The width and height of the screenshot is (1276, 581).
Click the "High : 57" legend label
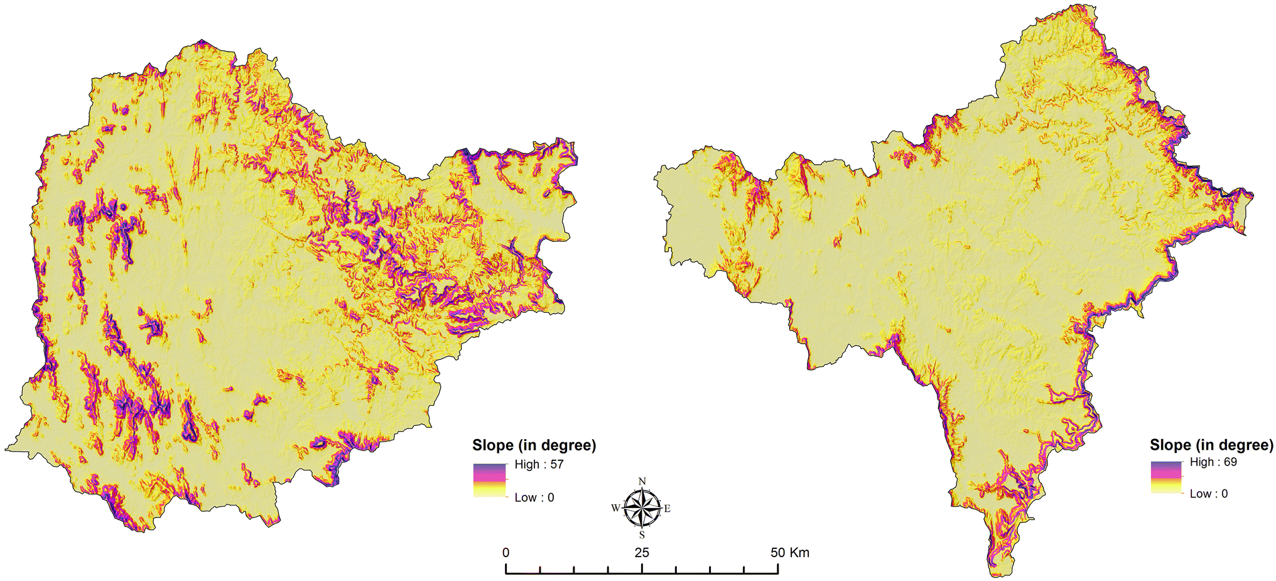(539, 465)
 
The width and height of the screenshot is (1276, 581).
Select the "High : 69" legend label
(1213, 462)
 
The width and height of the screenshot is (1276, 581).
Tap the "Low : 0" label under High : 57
(534, 497)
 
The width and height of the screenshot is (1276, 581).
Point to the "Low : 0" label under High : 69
(1209, 494)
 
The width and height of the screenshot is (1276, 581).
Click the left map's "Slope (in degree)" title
(534, 445)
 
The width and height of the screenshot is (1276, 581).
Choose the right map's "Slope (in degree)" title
(1211, 445)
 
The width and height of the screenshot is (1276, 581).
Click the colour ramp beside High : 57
(489, 481)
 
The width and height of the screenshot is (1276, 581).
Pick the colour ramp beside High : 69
(1166, 477)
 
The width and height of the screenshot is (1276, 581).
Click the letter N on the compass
(642, 482)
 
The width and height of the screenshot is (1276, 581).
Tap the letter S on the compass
(642, 535)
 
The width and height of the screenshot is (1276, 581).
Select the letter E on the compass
(667, 508)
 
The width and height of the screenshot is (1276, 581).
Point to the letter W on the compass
(615, 508)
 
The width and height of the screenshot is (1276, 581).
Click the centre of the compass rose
(642, 508)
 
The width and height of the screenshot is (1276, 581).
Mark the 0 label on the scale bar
(506, 553)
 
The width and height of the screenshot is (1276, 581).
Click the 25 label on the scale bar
(642, 553)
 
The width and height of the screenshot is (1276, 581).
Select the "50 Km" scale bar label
(790, 553)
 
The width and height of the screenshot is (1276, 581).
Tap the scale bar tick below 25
(642, 568)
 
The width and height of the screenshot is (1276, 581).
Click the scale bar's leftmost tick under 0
(506, 568)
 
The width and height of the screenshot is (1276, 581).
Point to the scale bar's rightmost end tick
(778, 568)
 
